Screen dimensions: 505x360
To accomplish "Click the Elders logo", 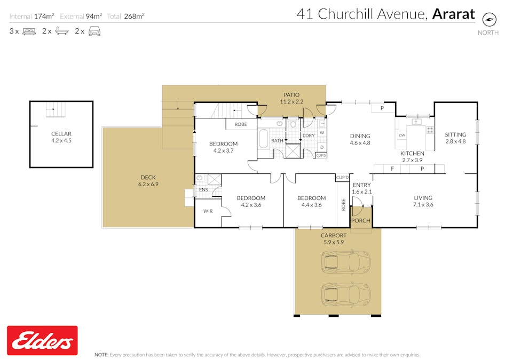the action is pos(42,340).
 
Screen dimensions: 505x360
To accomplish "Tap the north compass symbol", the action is pos(489,20).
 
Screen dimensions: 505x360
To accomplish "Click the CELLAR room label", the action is pos(61,133).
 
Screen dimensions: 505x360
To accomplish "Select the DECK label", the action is pos(148,177).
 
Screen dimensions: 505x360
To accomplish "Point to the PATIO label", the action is pos(291,95).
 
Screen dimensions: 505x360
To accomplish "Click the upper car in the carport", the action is pos(345,261).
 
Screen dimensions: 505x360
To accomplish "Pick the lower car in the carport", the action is pos(345,295).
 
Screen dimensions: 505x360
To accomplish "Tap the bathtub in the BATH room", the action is pos(263,138).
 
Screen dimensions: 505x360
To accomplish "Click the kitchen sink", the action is pos(416,122).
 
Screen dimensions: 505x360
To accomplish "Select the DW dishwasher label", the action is pos(402,135).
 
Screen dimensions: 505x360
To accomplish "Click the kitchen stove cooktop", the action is pos(430,130).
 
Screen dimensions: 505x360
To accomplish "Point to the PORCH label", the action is pos(361,221).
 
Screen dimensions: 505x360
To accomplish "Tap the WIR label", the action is pos(208,211).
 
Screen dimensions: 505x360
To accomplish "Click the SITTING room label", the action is pos(455,134).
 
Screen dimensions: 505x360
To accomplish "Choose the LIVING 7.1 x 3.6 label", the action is pos(423,201).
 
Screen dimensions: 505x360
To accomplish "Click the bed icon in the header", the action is pos(29,31).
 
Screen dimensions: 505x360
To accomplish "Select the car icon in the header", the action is pos(94,31).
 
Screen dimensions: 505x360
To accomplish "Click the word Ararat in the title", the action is pos(453,14).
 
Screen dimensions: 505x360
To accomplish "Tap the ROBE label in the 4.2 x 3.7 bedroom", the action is pos(241,124).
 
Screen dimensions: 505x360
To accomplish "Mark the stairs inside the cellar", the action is pos(56,109).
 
